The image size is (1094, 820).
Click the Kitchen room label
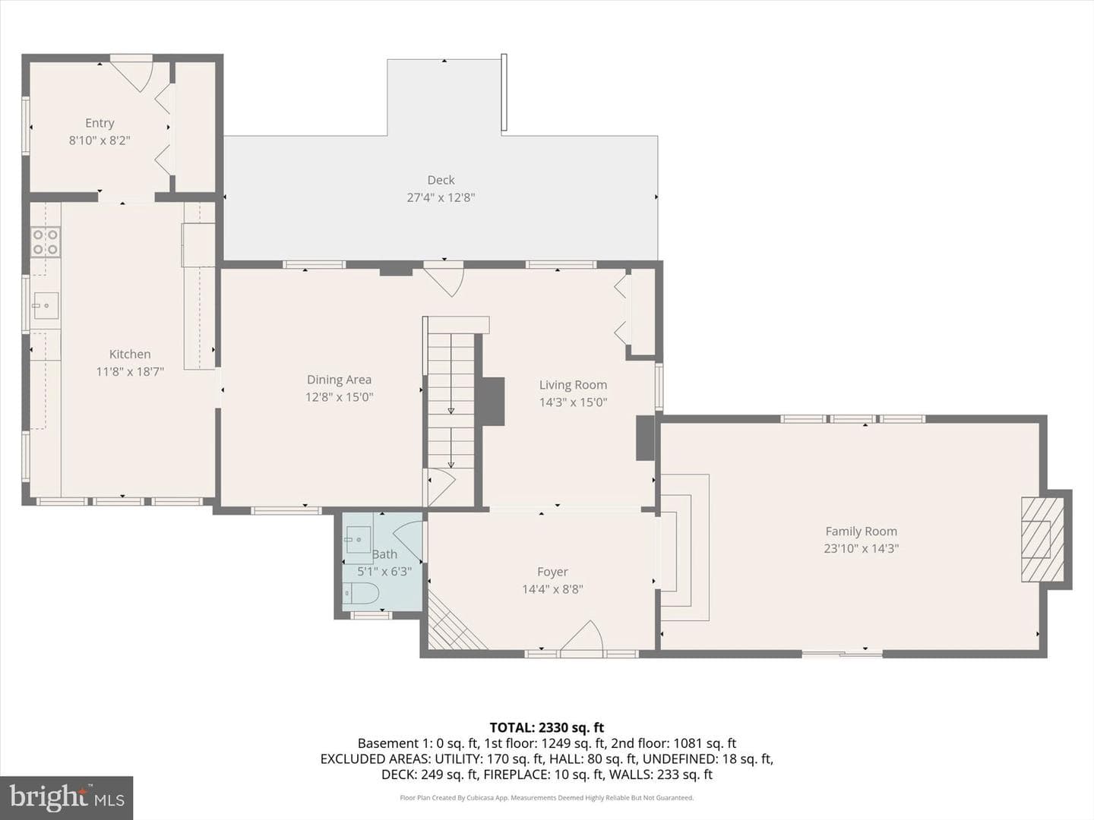click(x=130, y=354)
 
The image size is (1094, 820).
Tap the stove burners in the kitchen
click(x=46, y=241)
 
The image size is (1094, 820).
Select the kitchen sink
click(x=46, y=306)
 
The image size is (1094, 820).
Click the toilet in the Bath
click(x=362, y=593)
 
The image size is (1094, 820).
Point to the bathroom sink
click(x=359, y=539)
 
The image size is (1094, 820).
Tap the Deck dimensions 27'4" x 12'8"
click(x=441, y=197)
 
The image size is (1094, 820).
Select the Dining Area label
click(x=339, y=380)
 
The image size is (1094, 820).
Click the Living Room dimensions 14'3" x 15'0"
click(x=573, y=402)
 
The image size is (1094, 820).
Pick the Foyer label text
click(x=552, y=572)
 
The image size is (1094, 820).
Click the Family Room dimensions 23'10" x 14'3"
click(x=862, y=548)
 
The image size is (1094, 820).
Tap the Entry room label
click(x=100, y=122)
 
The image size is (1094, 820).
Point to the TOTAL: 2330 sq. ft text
click(x=547, y=728)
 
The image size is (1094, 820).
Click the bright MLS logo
click(x=66, y=797)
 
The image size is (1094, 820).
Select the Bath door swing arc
click(x=408, y=539)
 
